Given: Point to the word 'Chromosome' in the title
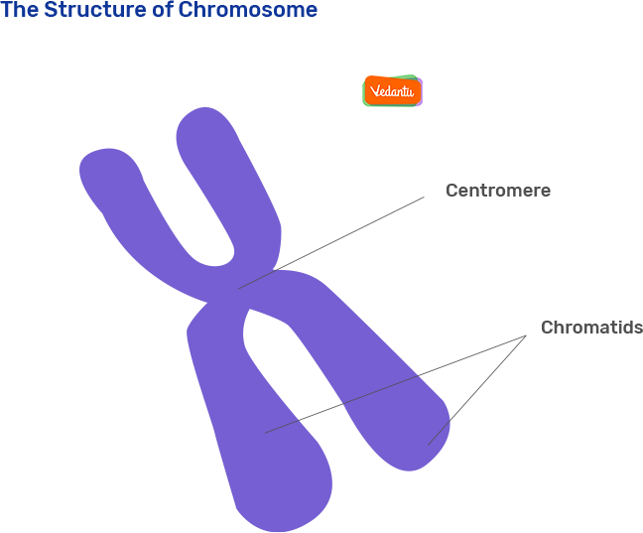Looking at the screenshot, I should [x=248, y=11].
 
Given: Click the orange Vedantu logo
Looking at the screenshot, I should [x=393, y=91].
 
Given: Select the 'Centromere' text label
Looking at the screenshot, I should [x=497, y=191].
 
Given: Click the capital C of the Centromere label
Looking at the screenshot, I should [x=451, y=191].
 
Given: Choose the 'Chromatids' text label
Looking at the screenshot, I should [x=591, y=328].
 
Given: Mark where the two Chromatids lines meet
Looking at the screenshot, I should [x=526, y=335].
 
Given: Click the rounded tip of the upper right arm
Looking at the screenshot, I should [x=203, y=124].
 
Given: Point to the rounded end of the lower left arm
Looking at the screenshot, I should [x=278, y=506].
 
